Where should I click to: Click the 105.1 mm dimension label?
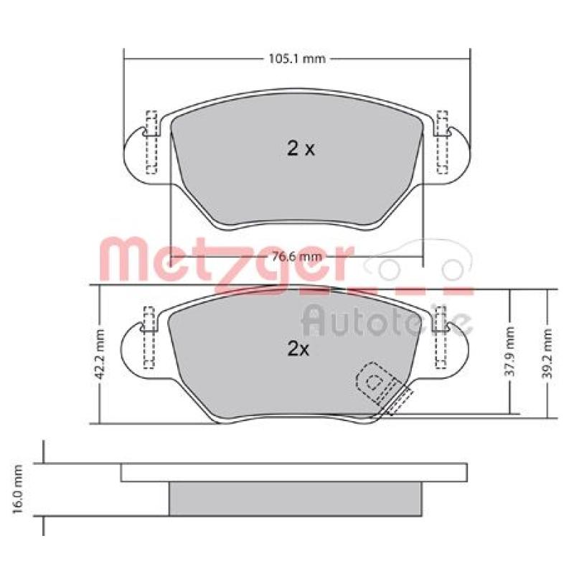coord(297,59)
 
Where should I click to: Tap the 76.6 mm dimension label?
coord(298,257)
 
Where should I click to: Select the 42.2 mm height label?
coord(100,354)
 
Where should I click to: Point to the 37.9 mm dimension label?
coord(509,352)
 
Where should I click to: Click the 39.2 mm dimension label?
coord(547,353)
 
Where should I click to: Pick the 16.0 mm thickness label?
coord(17,489)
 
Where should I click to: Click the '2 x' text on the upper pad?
coord(301,149)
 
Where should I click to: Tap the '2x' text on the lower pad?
coord(298,349)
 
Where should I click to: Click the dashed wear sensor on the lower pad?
coord(385,388)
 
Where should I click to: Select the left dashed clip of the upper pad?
coord(151,141)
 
